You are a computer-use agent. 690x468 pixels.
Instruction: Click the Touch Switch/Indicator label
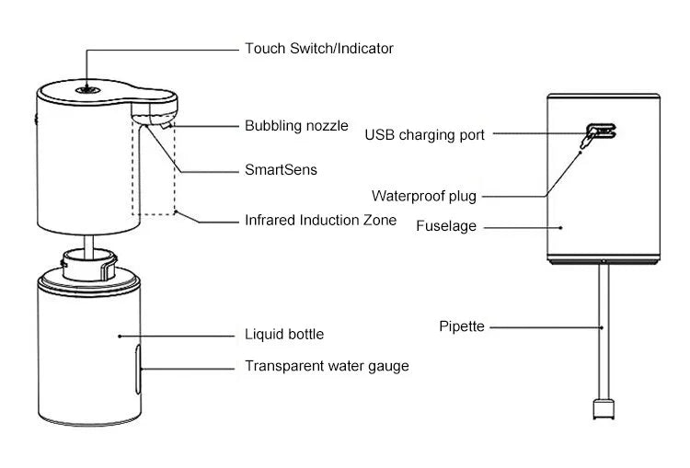pyautogui.click(x=318, y=48)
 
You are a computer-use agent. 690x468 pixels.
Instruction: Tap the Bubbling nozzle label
pyautogui.click(x=296, y=126)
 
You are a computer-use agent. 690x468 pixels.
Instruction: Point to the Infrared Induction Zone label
pyautogui.click(x=320, y=220)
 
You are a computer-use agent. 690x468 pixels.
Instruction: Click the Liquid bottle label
pyautogui.click(x=283, y=334)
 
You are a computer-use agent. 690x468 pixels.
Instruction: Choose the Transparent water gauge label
pyautogui.click(x=326, y=366)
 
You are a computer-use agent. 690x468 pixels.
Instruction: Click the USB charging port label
pyautogui.click(x=424, y=135)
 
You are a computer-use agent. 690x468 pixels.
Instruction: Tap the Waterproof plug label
pyautogui.click(x=424, y=196)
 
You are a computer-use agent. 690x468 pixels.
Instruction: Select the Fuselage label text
pyautogui.click(x=446, y=225)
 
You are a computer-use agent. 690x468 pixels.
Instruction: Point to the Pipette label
pyautogui.click(x=461, y=326)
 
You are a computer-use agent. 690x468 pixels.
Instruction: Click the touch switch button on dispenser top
pyautogui.click(x=86, y=89)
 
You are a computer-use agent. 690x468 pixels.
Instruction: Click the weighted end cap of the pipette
pyautogui.click(x=603, y=408)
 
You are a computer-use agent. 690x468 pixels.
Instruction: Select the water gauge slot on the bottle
pyautogui.click(x=137, y=367)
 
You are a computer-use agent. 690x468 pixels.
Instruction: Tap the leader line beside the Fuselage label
pyautogui.click(x=523, y=225)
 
